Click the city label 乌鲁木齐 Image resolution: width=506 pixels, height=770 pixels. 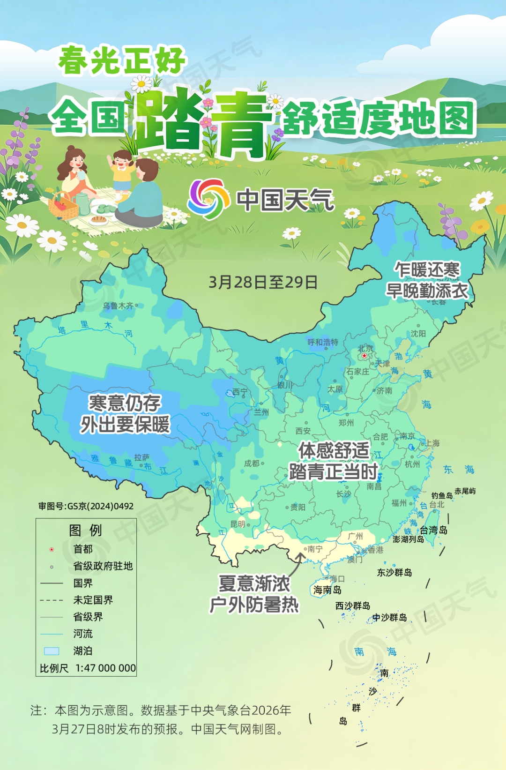click(x=118, y=306)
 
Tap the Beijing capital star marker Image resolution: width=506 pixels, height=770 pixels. click(x=365, y=356)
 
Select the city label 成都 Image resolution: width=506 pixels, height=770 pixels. click(x=252, y=463)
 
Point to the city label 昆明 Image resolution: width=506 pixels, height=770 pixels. click(x=238, y=524)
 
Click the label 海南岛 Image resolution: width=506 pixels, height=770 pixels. click(x=327, y=590)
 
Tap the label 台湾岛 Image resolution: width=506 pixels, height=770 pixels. click(x=433, y=530)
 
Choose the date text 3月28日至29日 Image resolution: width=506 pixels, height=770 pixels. click(x=263, y=282)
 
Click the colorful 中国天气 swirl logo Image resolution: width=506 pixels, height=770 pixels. click(x=208, y=199)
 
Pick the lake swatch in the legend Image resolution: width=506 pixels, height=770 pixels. click(x=52, y=651)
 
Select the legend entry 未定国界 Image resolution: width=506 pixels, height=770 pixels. click(x=93, y=600)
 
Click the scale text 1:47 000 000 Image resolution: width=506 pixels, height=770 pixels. click(x=105, y=668)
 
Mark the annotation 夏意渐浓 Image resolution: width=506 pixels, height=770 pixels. click(x=254, y=584)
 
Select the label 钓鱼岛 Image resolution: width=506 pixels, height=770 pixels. click(x=442, y=495)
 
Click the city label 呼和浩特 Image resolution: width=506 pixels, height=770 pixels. click(x=323, y=342)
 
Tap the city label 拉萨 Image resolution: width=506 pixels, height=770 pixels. click(x=141, y=457)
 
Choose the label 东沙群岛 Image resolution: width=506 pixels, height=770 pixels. click(x=394, y=572)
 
